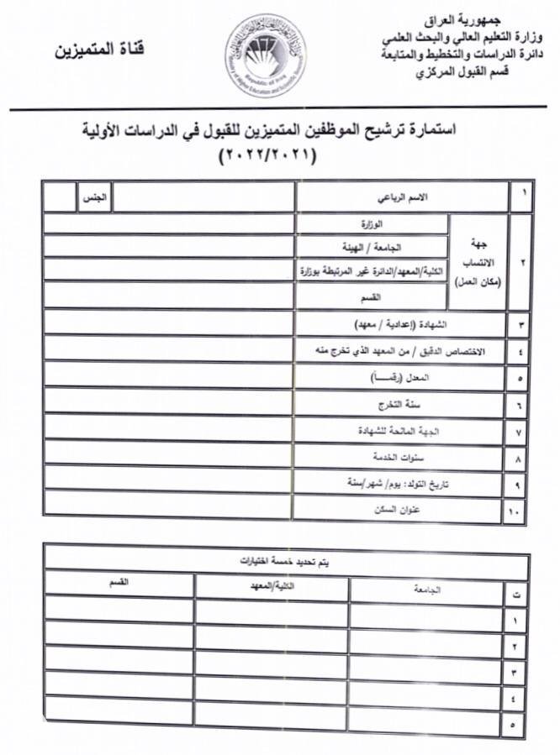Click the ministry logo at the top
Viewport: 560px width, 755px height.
point(265,55)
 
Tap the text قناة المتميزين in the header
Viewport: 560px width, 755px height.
point(100,50)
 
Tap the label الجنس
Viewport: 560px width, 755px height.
point(93,198)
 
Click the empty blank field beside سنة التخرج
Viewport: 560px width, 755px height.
point(168,404)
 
